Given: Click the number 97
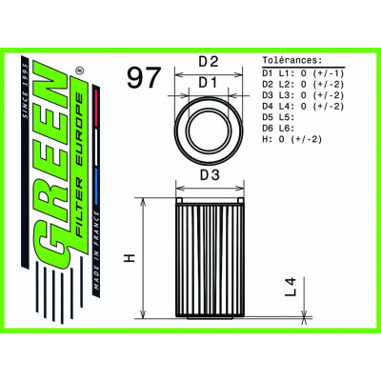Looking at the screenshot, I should click(x=143, y=79).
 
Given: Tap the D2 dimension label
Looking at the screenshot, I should click(x=209, y=63).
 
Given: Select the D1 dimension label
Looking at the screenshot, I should click(x=209, y=84).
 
